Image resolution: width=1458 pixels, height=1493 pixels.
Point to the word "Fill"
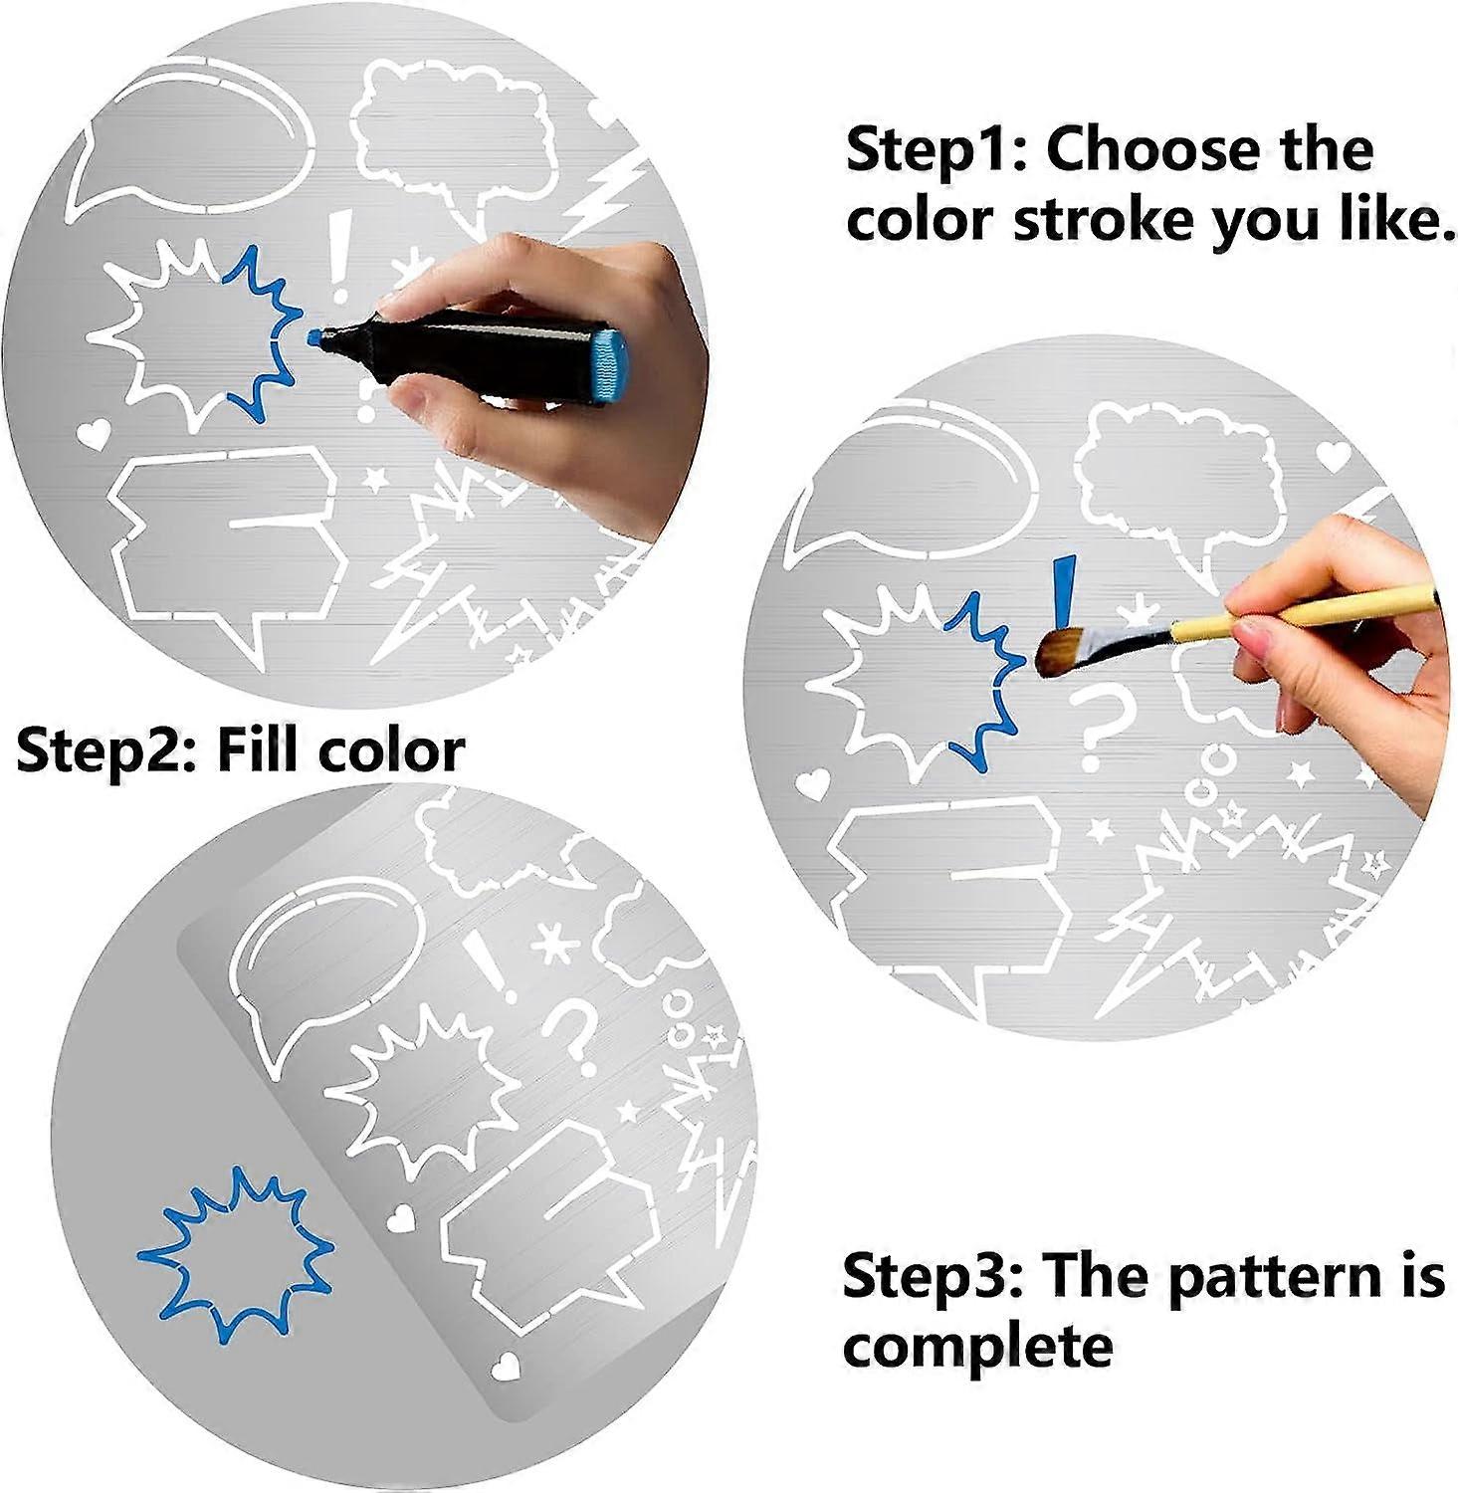255,748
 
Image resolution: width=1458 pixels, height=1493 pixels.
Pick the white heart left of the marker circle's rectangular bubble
93,433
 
